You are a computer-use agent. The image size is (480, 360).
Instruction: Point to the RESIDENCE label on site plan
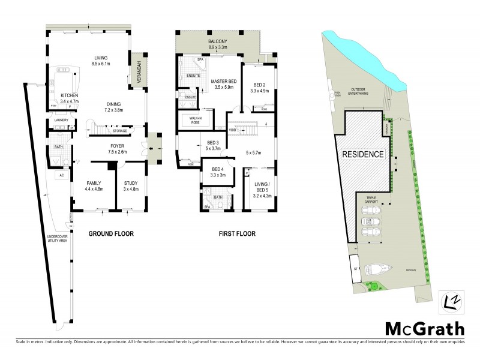point(362,154)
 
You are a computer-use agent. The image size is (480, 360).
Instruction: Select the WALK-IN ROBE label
point(195,120)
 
